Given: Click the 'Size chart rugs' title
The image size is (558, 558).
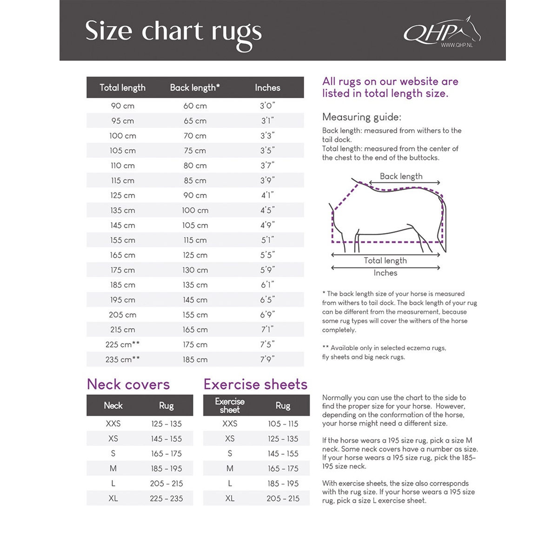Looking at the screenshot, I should pyautogui.click(x=173, y=33).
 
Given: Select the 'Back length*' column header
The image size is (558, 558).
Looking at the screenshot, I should pyautogui.click(x=195, y=87).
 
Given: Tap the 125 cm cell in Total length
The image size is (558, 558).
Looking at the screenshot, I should pyautogui.click(x=123, y=195).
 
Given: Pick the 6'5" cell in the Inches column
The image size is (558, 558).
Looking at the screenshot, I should pyautogui.click(x=267, y=300).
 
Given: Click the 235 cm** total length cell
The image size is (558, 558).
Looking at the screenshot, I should pyautogui.click(x=123, y=359).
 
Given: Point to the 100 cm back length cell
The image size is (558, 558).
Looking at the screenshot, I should pyautogui.click(x=195, y=210).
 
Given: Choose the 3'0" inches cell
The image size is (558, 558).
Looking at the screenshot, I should pyautogui.click(x=267, y=106).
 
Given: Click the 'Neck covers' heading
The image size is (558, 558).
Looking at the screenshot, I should pyautogui.click(x=128, y=385).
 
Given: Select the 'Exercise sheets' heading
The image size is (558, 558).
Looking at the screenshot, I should pyautogui.click(x=255, y=385).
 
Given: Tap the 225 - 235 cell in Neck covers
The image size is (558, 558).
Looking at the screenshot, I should pyautogui.click(x=166, y=498).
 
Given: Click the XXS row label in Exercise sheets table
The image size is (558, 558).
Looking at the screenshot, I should pyautogui.click(x=230, y=424).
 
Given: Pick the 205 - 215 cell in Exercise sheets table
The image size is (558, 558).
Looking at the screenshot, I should pyautogui.click(x=283, y=498).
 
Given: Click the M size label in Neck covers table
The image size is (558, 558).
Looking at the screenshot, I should pyautogui.click(x=113, y=468).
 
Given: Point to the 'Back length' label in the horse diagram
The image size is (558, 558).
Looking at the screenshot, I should pyautogui.click(x=401, y=176).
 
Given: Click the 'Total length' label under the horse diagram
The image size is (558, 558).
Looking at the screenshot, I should pyautogui.click(x=385, y=260).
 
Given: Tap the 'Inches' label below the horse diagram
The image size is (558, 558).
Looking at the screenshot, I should pyautogui.click(x=385, y=273).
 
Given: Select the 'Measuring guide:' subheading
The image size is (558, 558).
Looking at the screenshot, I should pyautogui.click(x=361, y=117).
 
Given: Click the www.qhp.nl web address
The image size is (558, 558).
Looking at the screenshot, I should pyautogui.click(x=456, y=45).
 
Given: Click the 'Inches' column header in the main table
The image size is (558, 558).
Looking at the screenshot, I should pyautogui.click(x=267, y=87).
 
